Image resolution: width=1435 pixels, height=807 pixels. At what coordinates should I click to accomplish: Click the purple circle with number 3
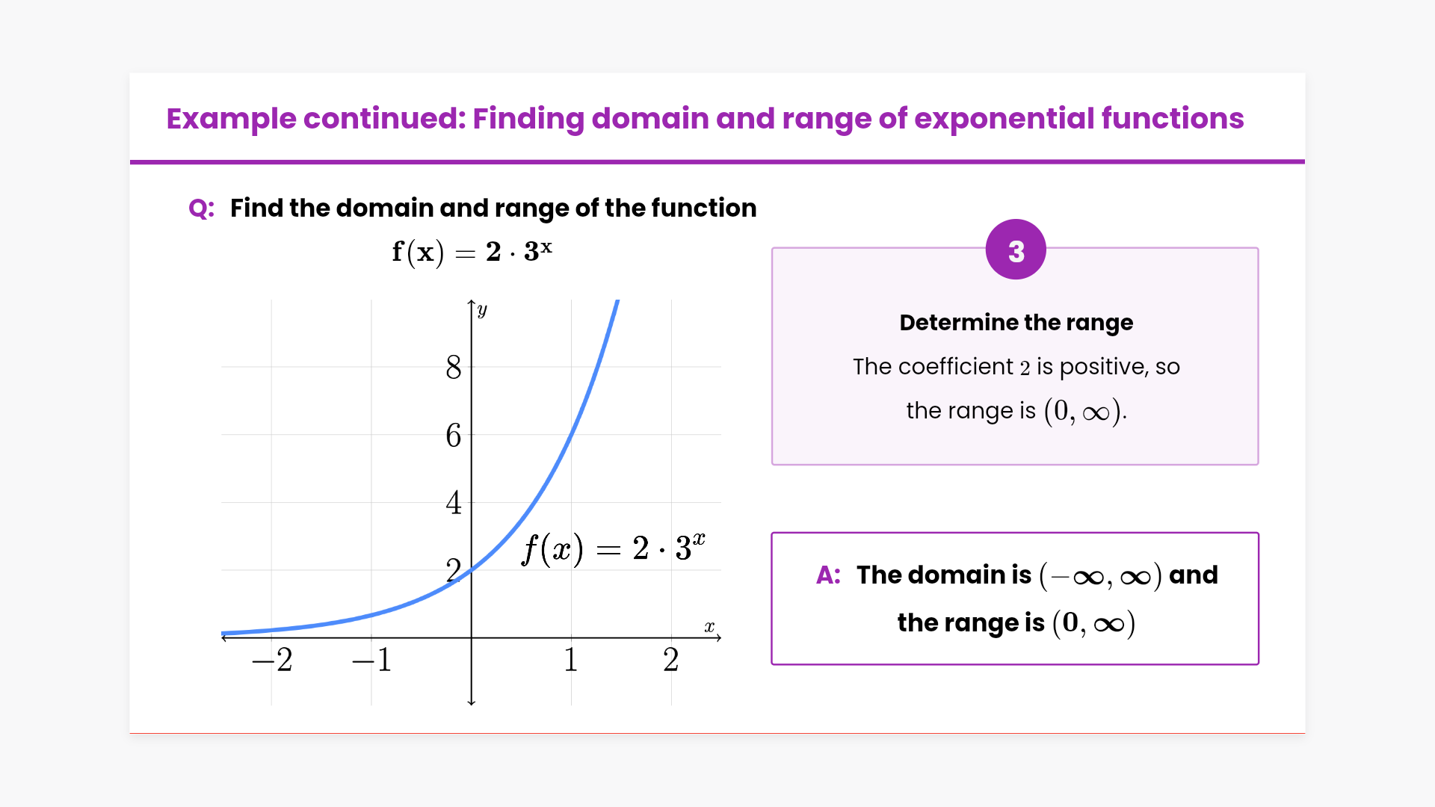pos(1016,250)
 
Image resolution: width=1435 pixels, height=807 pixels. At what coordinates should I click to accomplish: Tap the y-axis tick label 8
pos(454,368)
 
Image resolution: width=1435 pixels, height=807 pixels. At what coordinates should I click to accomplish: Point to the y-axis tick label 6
pos(454,436)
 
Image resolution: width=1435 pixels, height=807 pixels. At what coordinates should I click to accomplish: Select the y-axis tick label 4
pos(454,503)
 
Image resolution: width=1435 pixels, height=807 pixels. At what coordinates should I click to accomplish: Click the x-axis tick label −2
pos(272,660)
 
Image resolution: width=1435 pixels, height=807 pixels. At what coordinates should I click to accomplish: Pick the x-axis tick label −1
pos(372,660)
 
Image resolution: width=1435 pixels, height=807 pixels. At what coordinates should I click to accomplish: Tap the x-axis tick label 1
pos(571,660)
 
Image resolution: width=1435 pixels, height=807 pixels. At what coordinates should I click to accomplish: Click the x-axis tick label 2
pos(671,660)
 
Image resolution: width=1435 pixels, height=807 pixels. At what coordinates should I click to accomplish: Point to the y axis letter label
pos(482,310)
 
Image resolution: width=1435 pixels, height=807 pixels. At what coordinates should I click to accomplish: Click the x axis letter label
pos(709,627)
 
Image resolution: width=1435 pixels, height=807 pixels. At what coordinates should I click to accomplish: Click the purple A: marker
pos(829,575)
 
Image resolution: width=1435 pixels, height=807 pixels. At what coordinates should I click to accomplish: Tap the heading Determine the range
pos(1016,322)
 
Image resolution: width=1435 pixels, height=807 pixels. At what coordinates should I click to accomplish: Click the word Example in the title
pos(231,119)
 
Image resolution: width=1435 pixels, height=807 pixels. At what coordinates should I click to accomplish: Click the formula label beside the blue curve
pos(613,549)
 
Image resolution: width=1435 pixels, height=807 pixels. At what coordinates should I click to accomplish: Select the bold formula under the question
pos(472,252)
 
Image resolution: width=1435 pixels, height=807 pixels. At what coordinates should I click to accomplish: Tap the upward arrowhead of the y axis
pos(472,302)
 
